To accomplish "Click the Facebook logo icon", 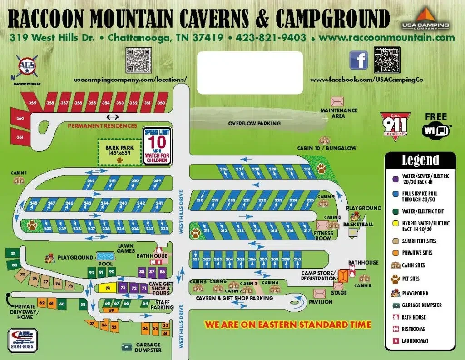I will click(358, 60).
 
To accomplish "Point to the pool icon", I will click(105, 257).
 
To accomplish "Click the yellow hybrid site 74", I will click(108, 288).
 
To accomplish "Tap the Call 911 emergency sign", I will click(394, 125).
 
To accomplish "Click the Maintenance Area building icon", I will click(337, 101).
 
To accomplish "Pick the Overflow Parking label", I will click(254, 123).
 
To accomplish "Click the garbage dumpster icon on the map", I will click(127, 346).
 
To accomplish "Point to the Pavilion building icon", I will click(320, 293).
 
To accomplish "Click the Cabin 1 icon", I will click(19, 180).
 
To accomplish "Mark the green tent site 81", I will click(14, 254).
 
